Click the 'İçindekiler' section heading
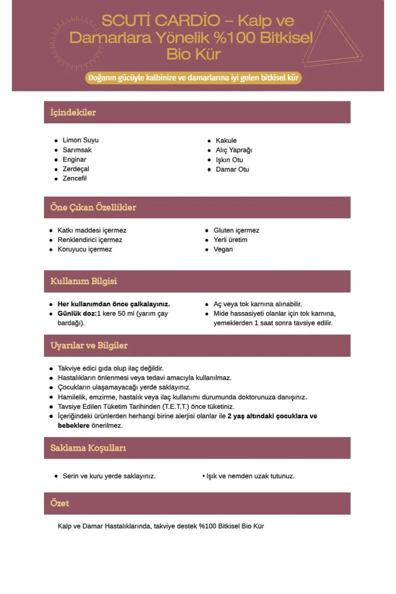[73, 113]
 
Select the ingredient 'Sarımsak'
[77, 150]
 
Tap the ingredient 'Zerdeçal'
[76, 169]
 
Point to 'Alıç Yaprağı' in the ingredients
[234, 150]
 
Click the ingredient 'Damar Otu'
[232, 169]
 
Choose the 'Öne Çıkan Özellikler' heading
[93, 208]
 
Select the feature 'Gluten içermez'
[236, 230]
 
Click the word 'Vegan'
[223, 249]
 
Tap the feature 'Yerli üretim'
[230, 240]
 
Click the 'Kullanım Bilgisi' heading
[83, 281]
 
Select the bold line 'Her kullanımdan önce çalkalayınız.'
[114, 304]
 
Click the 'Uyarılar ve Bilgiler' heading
[89, 346]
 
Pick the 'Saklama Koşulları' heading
[88, 448]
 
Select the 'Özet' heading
[60, 503]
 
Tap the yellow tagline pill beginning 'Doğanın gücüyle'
[193, 78]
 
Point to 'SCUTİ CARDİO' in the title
[161, 21]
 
